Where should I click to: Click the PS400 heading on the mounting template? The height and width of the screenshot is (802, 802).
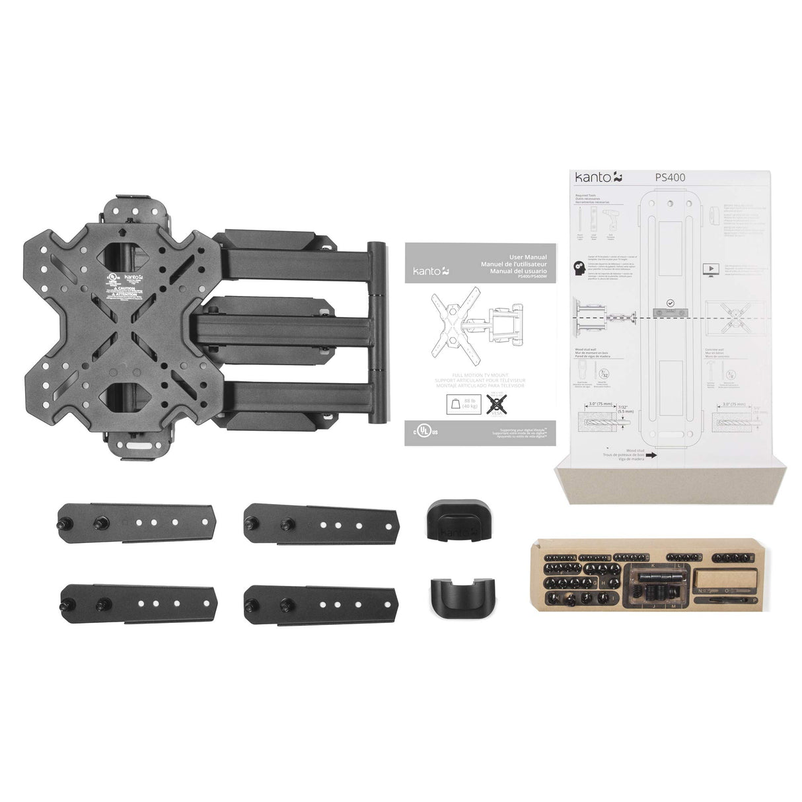tap(670, 178)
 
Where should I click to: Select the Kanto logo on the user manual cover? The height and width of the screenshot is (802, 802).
tap(431, 270)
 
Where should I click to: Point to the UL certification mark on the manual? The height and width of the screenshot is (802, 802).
tap(429, 430)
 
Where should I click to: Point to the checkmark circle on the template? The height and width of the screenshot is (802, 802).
tap(670, 303)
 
